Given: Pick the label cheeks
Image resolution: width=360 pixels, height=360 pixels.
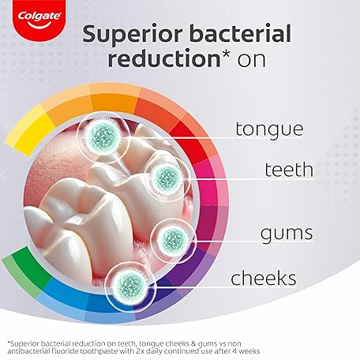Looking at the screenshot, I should click(x=264, y=278).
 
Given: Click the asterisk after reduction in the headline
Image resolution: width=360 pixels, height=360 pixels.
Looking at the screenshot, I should click(x=218, y=54).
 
